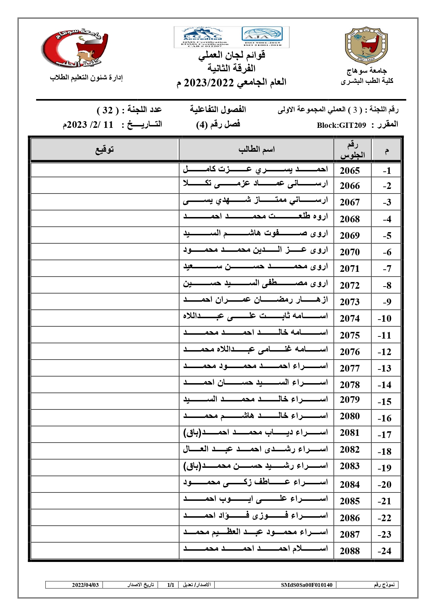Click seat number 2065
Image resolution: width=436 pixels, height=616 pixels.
point(350,171)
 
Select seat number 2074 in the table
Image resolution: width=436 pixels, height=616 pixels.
point(350,319)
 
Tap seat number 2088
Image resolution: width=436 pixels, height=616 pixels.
point(350,551)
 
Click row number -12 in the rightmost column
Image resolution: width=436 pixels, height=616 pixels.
point(384,352)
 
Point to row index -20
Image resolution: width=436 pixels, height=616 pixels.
point(384,485)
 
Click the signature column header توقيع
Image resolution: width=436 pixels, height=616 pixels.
point(105,150)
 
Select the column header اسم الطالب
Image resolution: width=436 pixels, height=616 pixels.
point(256,150)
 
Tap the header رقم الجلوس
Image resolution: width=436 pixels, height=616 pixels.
point(352,150)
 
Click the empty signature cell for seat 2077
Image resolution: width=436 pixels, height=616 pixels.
point(105,368)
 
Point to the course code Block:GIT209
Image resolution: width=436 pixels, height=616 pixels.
point(341,125)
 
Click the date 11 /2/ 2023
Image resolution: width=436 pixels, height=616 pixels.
point(89,125)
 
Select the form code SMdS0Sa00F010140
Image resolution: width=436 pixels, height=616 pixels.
point(306,585)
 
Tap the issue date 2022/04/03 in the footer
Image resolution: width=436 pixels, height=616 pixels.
point(85,585)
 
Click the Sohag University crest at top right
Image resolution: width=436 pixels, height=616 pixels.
point(366,46)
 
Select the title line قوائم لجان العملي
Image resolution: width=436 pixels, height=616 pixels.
point(232,55)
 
